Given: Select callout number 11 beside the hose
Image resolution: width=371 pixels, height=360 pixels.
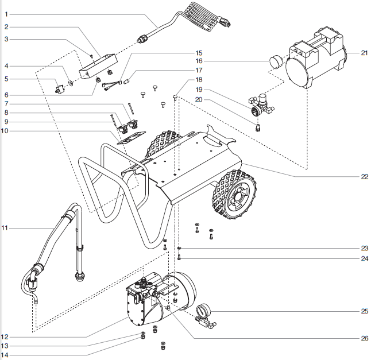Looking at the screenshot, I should (6, 228).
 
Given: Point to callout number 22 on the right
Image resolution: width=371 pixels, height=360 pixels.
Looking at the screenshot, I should (364, 176).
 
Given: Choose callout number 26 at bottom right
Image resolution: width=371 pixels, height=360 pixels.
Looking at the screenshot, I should (364, 338).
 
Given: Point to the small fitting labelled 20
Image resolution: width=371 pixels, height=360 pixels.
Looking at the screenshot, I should (258, 125).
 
